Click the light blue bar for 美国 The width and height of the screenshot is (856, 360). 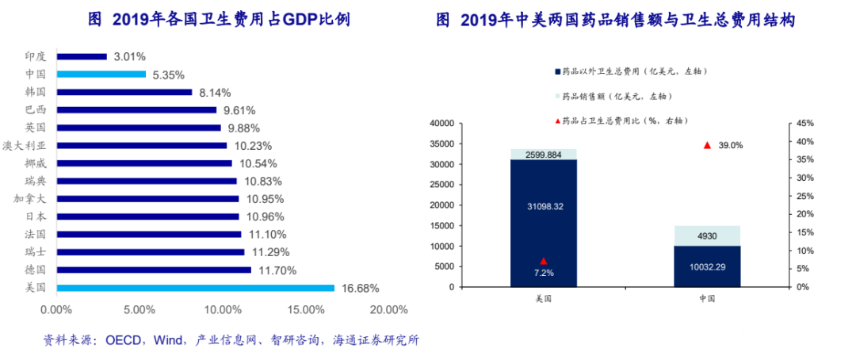[x=195, y=288]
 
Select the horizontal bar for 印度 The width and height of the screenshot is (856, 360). [x=82, y=56]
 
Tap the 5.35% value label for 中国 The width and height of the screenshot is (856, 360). [x=168, y=75]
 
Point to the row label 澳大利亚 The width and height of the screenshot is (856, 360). [x=29, y=145]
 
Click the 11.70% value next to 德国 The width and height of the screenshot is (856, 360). [x=274, y=270]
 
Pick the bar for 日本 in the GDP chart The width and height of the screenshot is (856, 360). [x=147, y=216]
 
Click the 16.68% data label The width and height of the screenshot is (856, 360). [x=360, y=288]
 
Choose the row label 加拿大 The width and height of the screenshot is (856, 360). [x=30, y=198]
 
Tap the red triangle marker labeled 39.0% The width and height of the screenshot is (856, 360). [x=707, y=145]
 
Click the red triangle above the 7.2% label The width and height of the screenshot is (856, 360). [x=544, y=261]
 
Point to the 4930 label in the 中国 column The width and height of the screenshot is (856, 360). [x=707, y=236]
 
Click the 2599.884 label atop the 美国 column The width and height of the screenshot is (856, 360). [x=544, y=155]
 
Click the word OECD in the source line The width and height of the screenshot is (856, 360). [x=122, y=340]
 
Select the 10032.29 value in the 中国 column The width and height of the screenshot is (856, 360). [x=707, y=266]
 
